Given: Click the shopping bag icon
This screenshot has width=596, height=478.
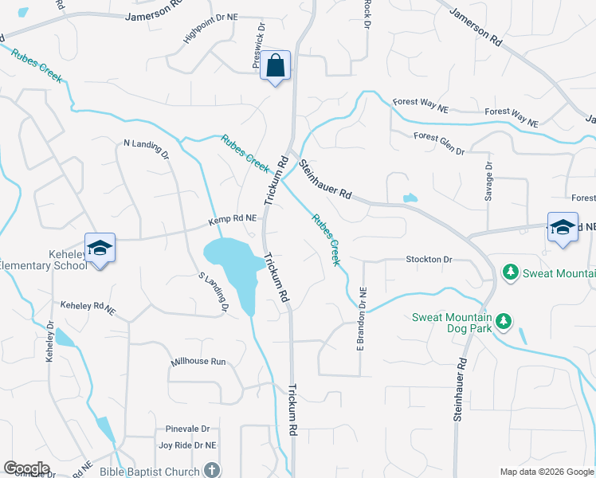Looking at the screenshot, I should pos(275,65).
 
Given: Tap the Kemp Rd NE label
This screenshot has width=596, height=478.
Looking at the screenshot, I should pos(233,217).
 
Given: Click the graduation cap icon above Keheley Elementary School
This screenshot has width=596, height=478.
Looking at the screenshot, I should pos(100,248).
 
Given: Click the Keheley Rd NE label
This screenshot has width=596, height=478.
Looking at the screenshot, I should pos(88,305).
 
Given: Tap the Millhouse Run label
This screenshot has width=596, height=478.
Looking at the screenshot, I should pos(198,362).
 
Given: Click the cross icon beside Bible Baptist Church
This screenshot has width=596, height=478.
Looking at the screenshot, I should pos(211,470).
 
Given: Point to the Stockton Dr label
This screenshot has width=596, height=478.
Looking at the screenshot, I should pos(429,260).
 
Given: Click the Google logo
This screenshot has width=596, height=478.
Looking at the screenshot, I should pos(26,468).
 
